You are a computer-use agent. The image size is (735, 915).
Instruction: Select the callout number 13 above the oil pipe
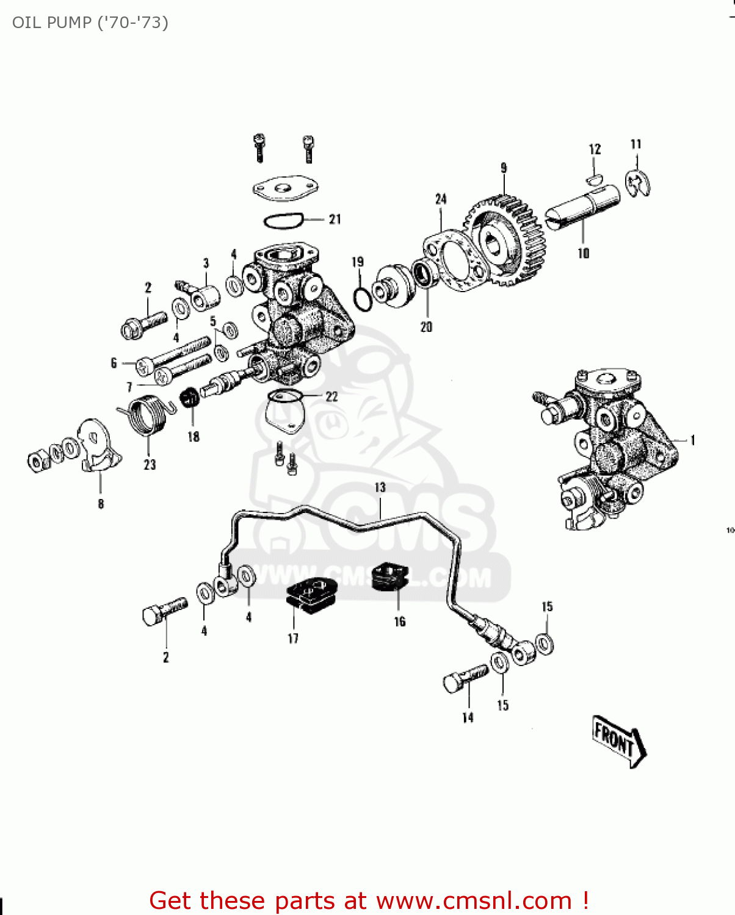tap(380, 487)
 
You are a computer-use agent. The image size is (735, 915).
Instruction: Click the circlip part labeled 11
tap(639, 184)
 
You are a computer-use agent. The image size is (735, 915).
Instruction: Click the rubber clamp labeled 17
tap(311, 594)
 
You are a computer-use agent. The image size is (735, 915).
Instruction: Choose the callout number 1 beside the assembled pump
tap(693, 440)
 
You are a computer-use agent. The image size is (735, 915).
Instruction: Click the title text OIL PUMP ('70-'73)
tap(90, 23)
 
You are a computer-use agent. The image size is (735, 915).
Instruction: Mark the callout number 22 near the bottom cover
tap(331, 396)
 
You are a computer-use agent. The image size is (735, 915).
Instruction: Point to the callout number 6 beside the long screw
tap(114, 363)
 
